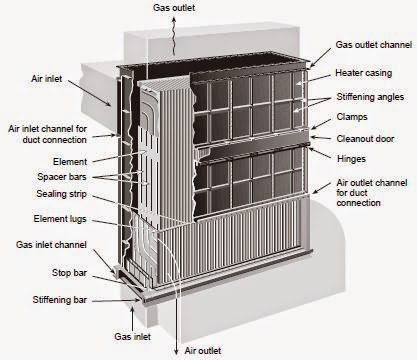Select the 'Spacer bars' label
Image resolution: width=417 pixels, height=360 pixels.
coord(63,177)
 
